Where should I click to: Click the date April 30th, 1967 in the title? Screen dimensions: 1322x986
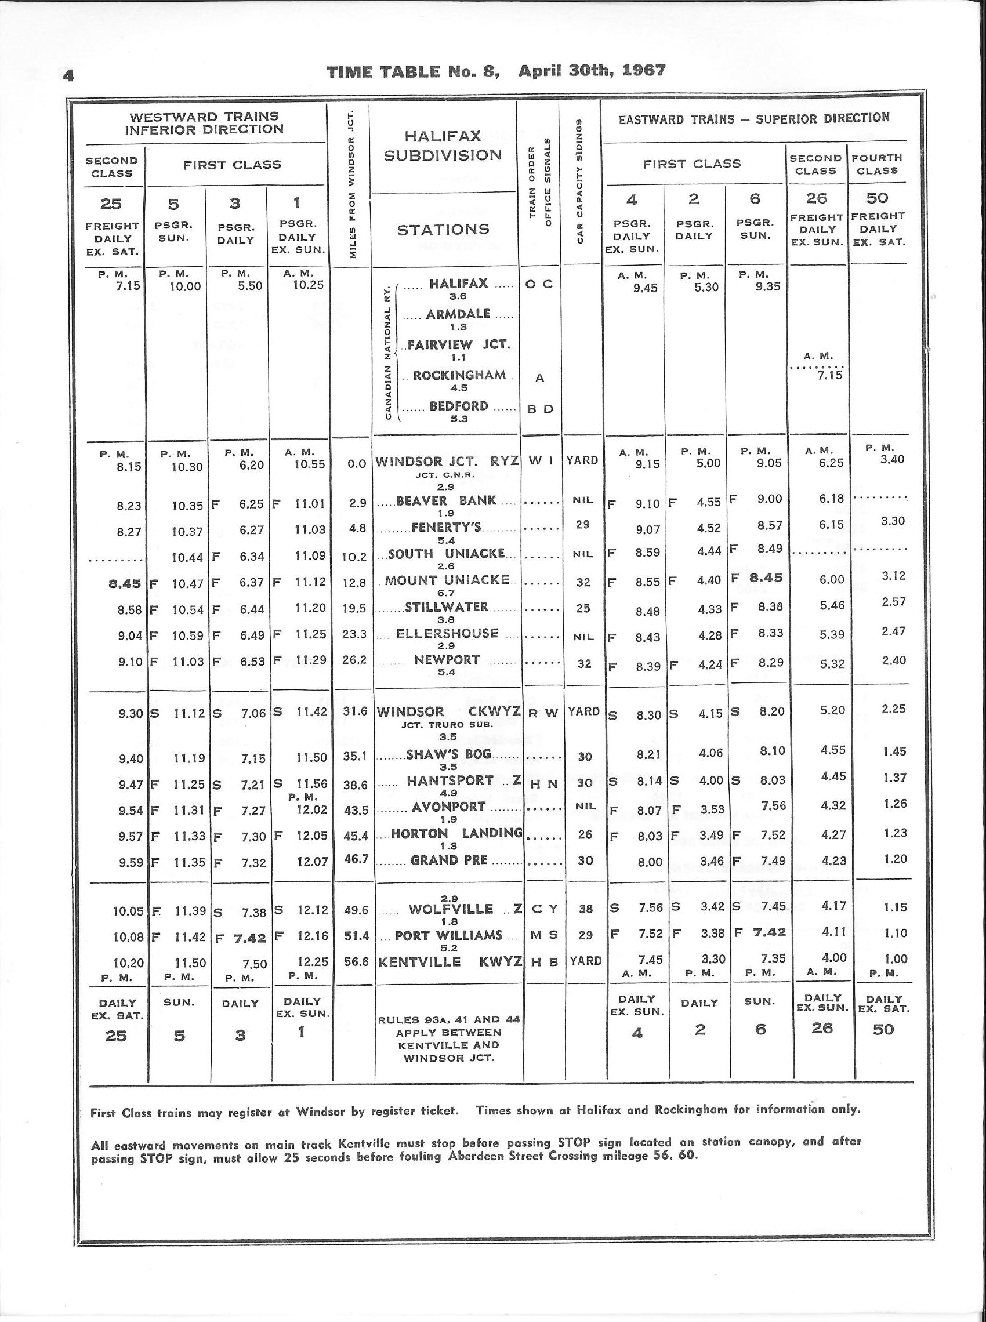pyautogui.click(x=592, y=70)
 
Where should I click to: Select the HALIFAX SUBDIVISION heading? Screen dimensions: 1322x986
pyautogui.click(x=443, y=147)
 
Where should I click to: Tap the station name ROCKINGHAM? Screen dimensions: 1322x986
pyautogui.click(x=459, y=375)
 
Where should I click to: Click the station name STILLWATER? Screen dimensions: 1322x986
pyautogui.click(x=447, y=607)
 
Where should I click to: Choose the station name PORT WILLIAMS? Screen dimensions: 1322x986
pyautogui.click(x=449, y=935)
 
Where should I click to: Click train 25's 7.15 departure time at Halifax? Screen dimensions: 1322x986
pyautogui.click(x=129, y=286)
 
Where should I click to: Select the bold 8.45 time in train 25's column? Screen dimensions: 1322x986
pyautogui.click(x=125, y=583)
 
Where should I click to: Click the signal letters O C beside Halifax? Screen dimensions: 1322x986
pyautogui.click(x=539, y=284)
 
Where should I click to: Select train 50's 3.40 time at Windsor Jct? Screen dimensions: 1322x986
pyautogui.click(x=893, y=459)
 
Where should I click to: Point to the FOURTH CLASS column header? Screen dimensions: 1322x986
pyautogui.click(x=878, y=164)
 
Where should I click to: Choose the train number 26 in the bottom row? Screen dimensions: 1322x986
pyautogui.click(x=821, y=1027)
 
